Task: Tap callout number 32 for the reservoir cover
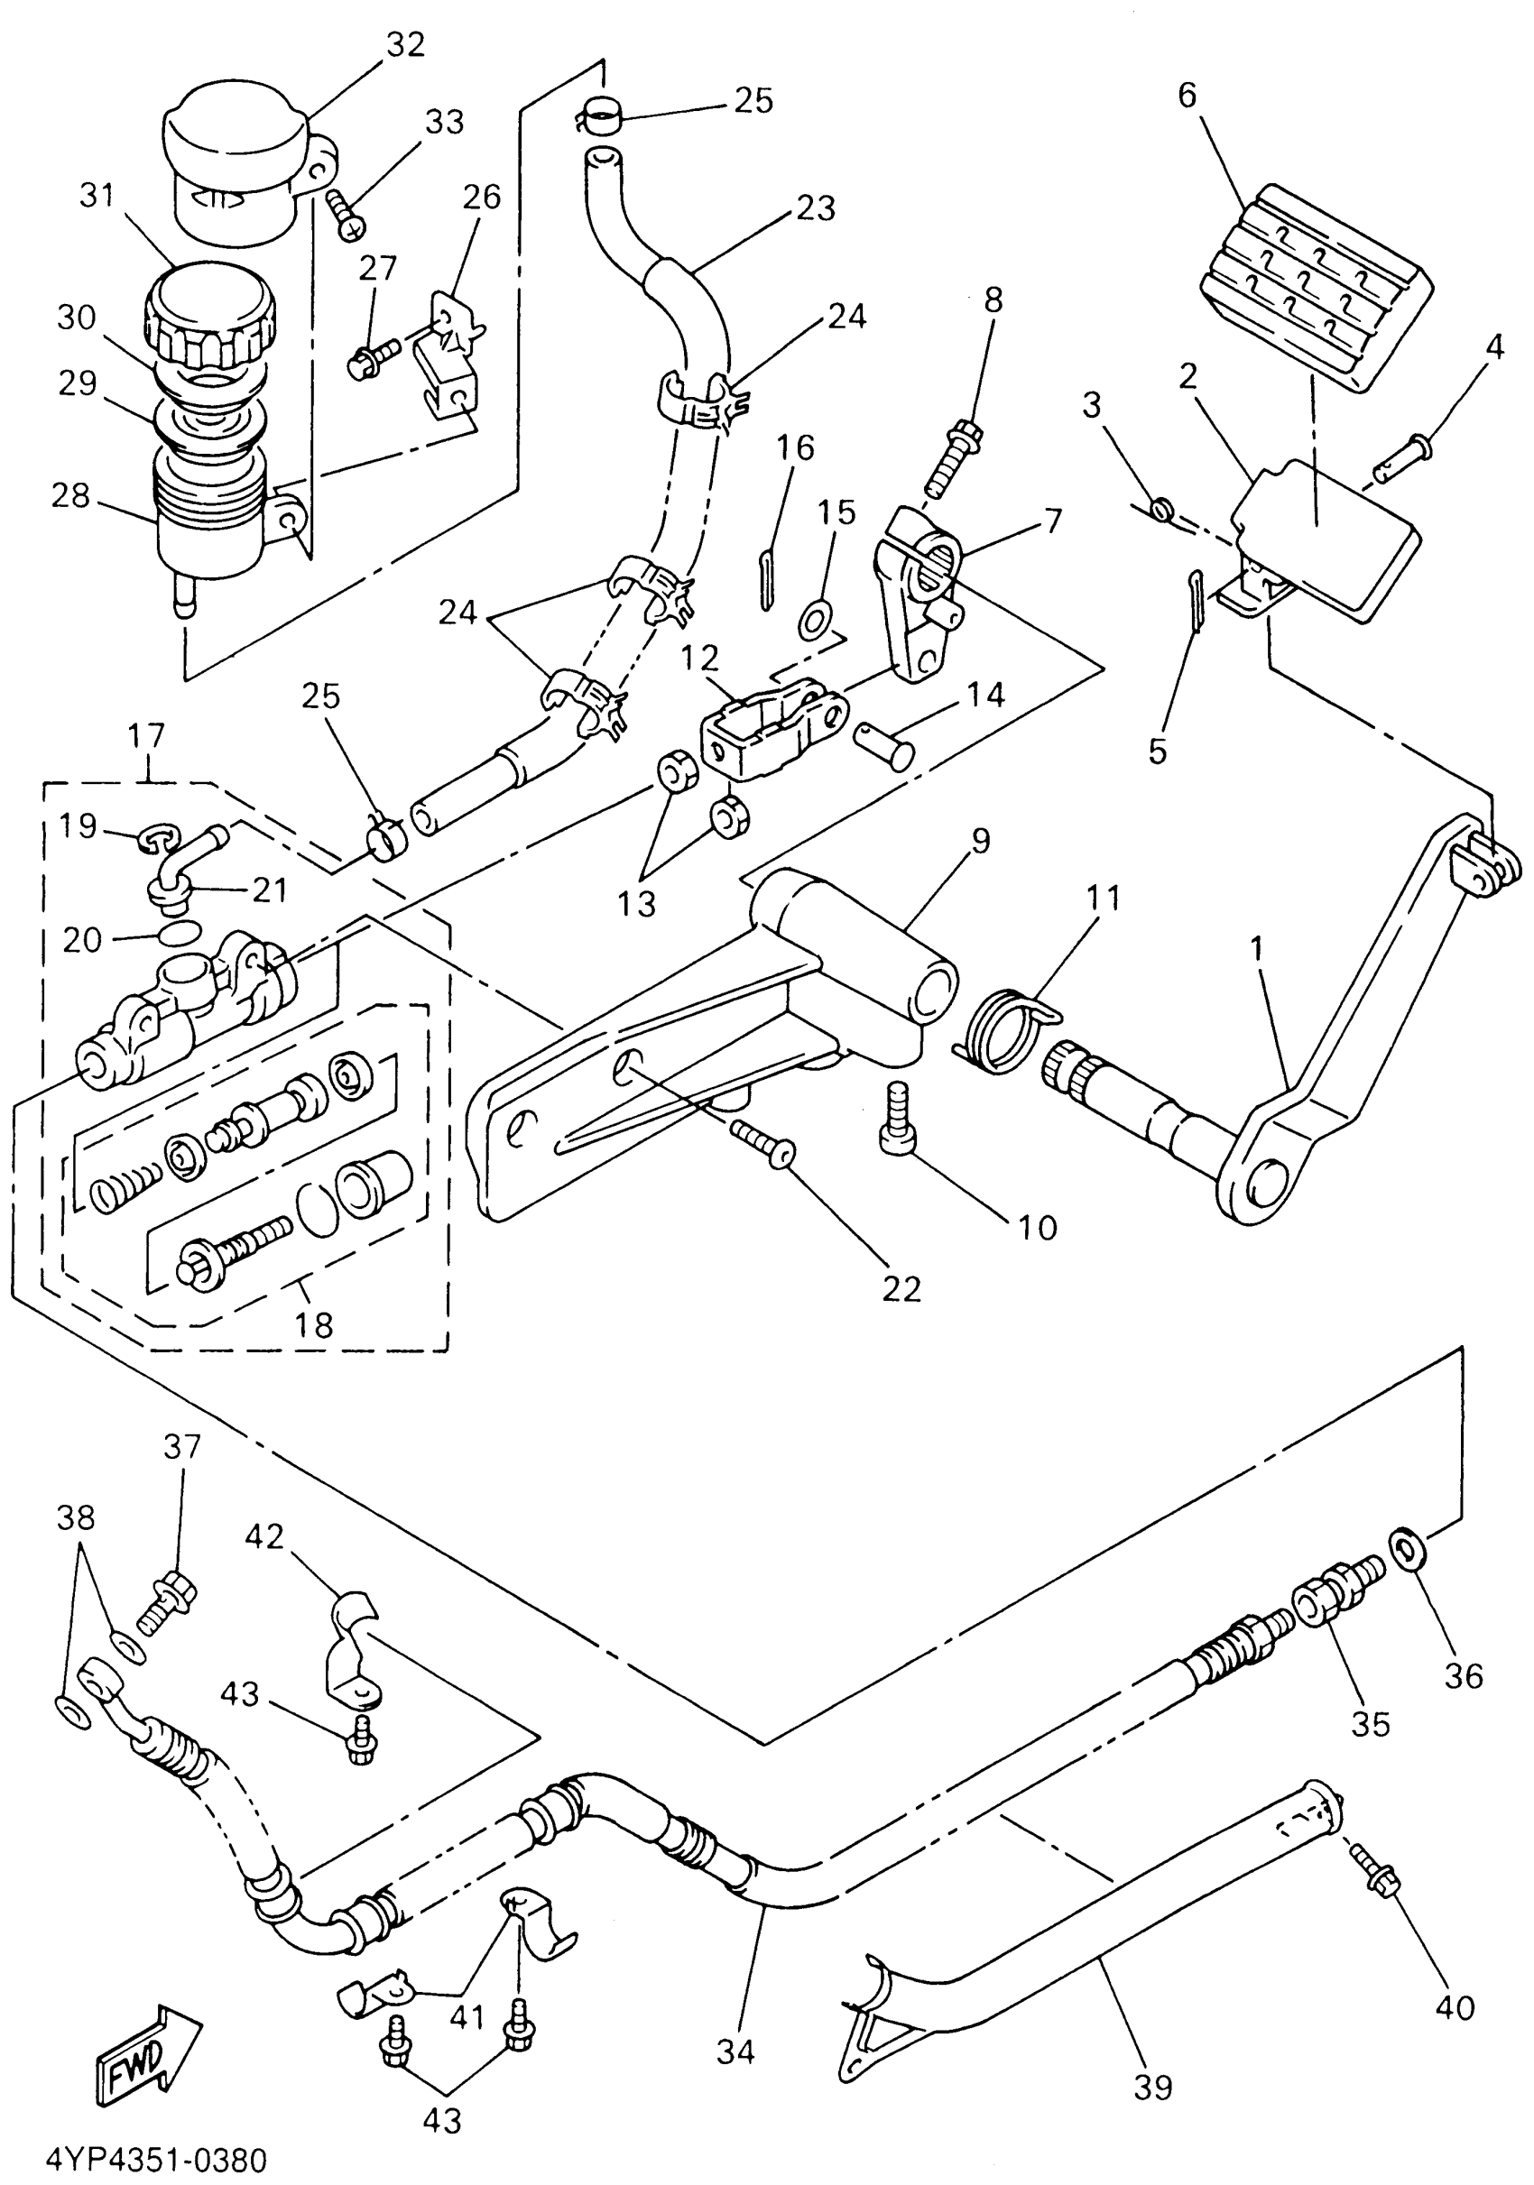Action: click(405, 45)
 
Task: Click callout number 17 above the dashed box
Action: click(146, 735)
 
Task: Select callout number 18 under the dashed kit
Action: click(315, 1324)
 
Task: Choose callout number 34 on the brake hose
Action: click(735, 2051)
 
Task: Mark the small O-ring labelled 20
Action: click(180, 931)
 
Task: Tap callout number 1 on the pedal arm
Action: click(1256, 948)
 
